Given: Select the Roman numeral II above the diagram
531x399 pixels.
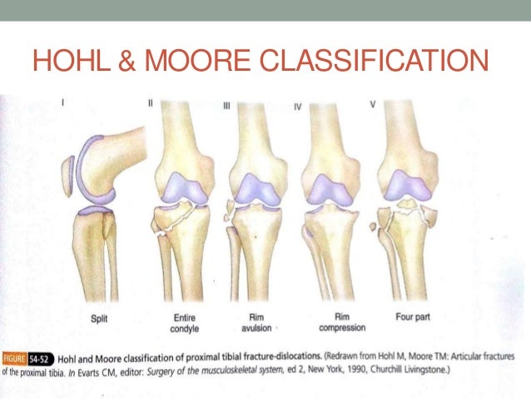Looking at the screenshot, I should [x=151, y=105].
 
